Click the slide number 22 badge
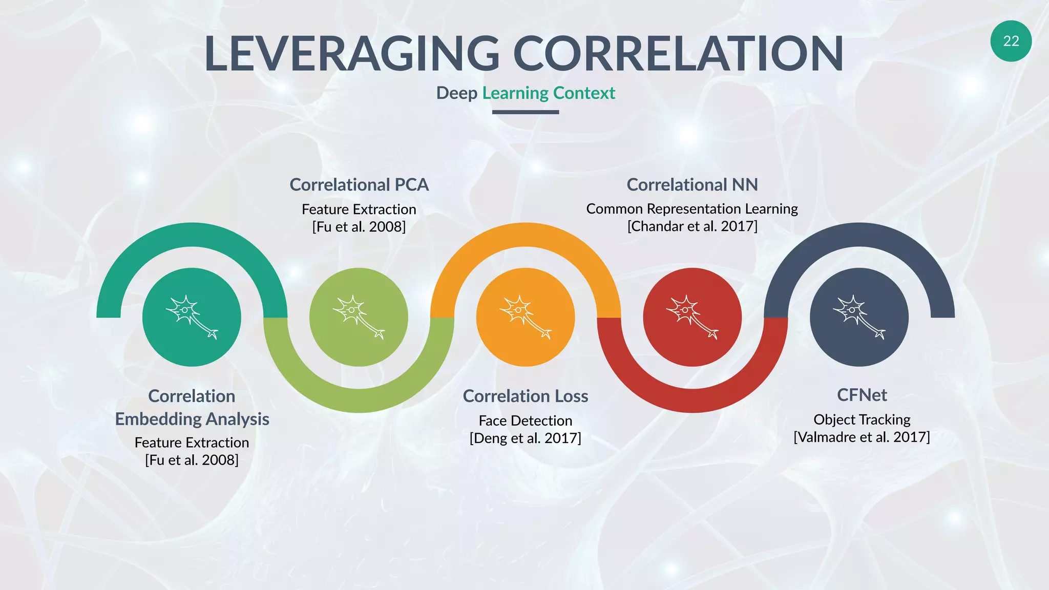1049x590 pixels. coord(1011,41)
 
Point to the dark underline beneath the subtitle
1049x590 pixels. coord(525,112)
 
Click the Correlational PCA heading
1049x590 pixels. coord(359,184)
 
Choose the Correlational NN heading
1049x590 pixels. coord(692,184)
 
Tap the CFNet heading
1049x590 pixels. coord(862,395)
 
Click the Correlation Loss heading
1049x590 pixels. coord(525,396)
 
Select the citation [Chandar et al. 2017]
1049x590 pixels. coord(692,226)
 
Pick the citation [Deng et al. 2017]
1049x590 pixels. coord(525,438)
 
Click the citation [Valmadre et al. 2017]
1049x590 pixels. coord(862,437)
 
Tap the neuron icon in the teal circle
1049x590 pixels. coord(192,317)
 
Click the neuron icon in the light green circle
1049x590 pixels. coord(359,317)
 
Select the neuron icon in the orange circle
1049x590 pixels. coord(525,317)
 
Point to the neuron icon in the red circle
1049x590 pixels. coord(692,317)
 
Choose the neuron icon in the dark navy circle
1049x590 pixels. coord(859,317)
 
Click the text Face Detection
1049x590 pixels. coord(525,420)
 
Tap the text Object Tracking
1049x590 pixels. coord(862,419)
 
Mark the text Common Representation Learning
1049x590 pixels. coord(692,209)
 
